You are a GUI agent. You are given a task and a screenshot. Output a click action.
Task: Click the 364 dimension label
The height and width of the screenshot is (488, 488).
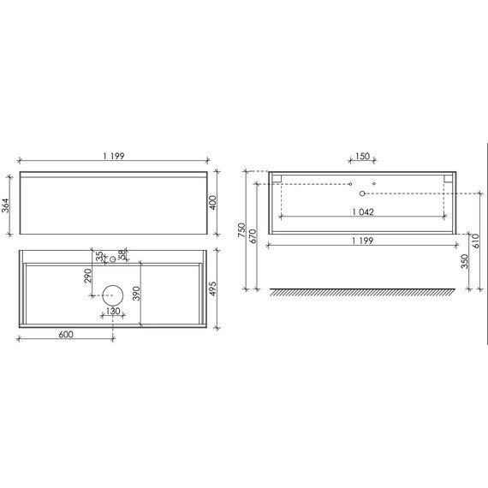pyautogui.click(x=6, y=205)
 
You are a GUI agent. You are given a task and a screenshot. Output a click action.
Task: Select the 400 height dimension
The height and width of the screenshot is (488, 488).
pyautogui.click(x=213, y=203)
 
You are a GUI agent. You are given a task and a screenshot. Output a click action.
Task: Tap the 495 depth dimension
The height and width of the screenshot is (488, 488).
pyautogui.click(x=213, y=289)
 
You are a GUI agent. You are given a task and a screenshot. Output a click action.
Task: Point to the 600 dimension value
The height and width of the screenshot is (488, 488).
pyautogui.click(x=66, y=335)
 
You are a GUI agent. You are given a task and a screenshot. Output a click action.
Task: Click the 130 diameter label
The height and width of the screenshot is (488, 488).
pyautogui.click(x=113, y=311)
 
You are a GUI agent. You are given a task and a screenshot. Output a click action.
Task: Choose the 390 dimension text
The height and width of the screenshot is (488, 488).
pyautogui.click(x=137, y=294)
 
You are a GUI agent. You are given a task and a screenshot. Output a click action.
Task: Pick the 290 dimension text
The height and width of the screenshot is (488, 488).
pyautogui.click(x=88, y=276)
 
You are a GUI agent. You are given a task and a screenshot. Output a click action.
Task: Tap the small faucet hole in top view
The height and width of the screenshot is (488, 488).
pyautogui.click(x=113, y=259)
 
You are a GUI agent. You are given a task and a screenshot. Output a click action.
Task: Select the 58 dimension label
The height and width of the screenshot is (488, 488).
pyautogui.click(x=122, y=254)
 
